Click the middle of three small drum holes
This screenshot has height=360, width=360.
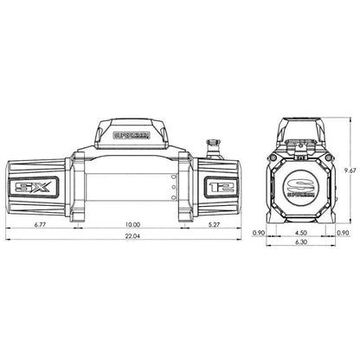[x=172, y=183]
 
